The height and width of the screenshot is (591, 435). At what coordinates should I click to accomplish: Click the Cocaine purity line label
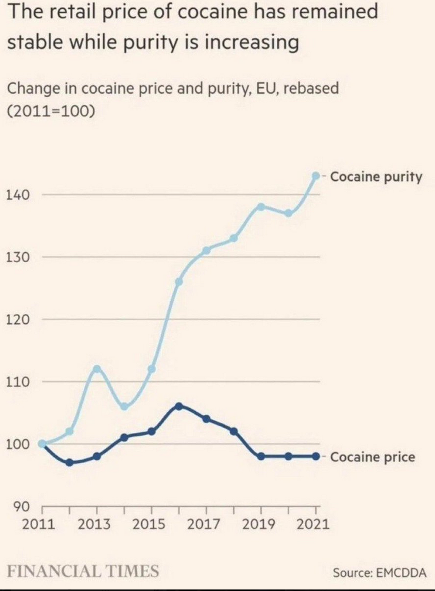tap(376, 177)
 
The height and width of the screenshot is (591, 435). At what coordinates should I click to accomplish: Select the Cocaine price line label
tap(373, 457)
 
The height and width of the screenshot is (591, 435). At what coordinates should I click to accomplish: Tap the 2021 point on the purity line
tap(316, 176)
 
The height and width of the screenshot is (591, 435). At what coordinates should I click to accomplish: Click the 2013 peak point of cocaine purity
tap(97, 369)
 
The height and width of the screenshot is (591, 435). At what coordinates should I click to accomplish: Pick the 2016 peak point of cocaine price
tap(179, 406)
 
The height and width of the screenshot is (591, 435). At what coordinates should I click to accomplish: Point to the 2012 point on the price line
tap(69, 462)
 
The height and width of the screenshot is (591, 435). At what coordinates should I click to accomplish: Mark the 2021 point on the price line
tap(316, 456)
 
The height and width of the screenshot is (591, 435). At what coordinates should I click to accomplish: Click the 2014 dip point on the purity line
tap(124, 407)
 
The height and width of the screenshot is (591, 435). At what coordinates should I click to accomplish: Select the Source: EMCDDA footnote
tap(379, 573)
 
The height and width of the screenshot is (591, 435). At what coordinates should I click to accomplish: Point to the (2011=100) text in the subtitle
tap(51, 110)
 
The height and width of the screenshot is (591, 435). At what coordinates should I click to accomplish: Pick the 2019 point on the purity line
tap(261, 207)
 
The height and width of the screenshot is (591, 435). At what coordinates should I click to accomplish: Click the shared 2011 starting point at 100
tap(42, 444)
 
